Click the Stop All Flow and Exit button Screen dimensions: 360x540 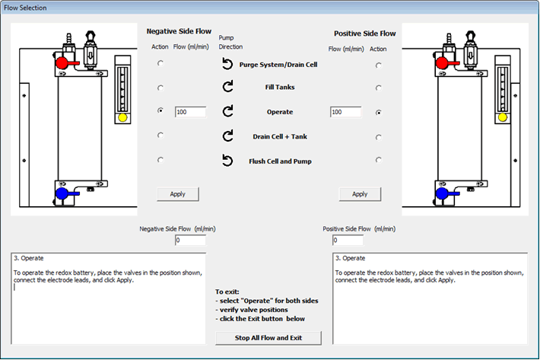268,338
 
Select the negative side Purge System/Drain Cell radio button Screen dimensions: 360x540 160,64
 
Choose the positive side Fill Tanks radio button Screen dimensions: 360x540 378,88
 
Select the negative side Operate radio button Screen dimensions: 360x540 160,111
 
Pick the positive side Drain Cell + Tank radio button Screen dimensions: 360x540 378,138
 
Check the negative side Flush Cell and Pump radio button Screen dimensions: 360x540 160,160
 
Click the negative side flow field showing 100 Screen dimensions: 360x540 190,112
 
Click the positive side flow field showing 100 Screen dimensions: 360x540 345,112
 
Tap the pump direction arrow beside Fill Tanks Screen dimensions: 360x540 227,87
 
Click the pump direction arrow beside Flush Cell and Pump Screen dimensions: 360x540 227,161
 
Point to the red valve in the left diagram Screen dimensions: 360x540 62,62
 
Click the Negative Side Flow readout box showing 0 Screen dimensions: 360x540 190,240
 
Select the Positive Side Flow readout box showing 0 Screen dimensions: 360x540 345,240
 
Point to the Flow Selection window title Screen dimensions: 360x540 27,8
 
